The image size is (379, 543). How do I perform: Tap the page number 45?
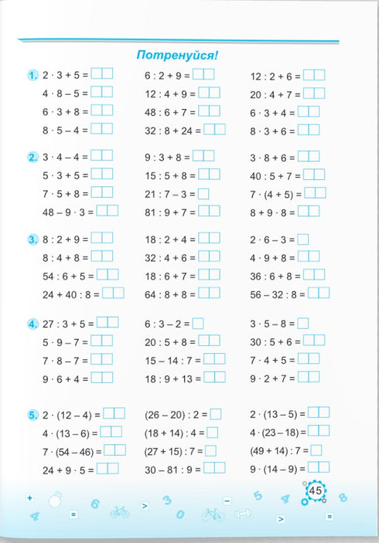pyautogui.click(x=316, y=491)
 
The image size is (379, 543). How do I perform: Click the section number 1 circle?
pyautogui.click(x=32, y=76)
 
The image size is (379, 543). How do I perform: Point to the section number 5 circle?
pyautogui.click(x=32, y=416)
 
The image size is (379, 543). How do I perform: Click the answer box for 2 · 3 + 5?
pyautogui.click(x=101, y=74)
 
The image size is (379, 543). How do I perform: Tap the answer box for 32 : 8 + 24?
pyautogui.click(x=214, y=130)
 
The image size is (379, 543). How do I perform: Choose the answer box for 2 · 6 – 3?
pyautogui.click(x=303, y=239)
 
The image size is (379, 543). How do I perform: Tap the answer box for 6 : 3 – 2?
pyautogui.click(x=198, y=324)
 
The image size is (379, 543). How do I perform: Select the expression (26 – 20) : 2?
pyautogui.click(x=176, y=414)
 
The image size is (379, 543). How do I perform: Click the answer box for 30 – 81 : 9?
pyautogui.click(x=214, y=468)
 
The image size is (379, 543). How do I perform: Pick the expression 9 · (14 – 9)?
pyautogui.click(x=278, y=468)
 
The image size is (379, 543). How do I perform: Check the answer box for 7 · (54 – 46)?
pyautogui.click(x=114, y=450)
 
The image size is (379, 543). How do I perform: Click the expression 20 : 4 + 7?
pyautogui.click(x=275, y=94)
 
